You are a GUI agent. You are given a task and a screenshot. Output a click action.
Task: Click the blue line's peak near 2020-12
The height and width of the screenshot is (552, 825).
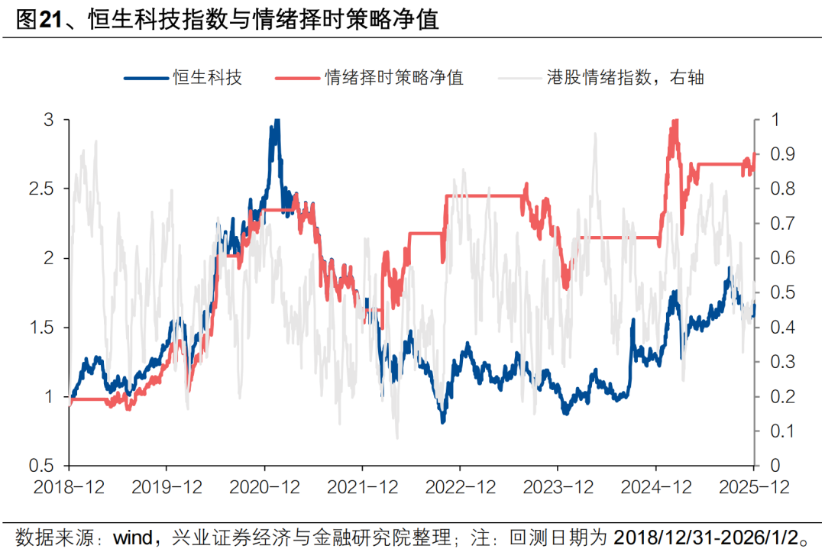tap(276, 121)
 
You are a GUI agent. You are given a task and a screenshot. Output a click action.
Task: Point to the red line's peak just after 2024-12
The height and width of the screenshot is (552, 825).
tap(674, 121)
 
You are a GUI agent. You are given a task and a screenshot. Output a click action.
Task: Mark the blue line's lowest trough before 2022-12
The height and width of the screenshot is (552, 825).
tap(442, 421)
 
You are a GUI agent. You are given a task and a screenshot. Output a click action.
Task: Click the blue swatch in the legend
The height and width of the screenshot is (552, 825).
tap(144, 77)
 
